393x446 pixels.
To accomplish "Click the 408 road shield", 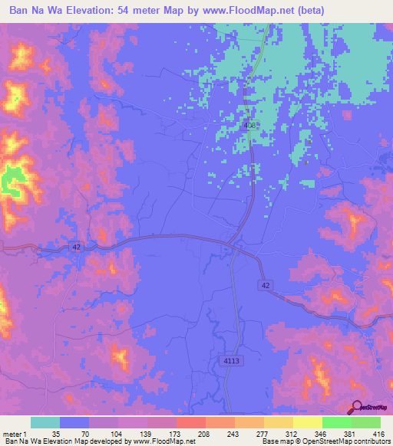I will tap(249, 126).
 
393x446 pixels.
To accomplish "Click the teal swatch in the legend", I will tap(45, 422).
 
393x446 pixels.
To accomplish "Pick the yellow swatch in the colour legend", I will tap(307, 422).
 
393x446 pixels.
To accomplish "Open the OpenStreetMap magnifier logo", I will tap(355, 408).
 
